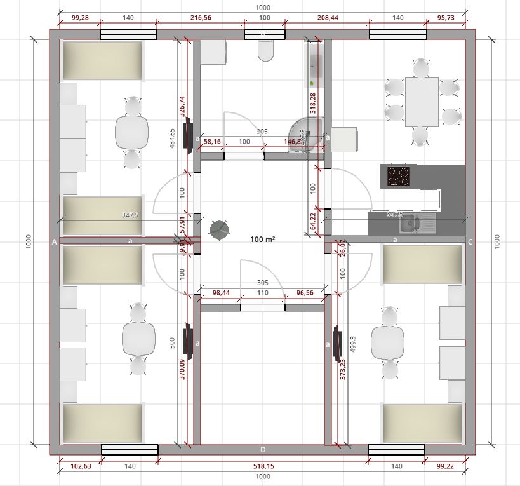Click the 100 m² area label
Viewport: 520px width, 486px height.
coord(263,239)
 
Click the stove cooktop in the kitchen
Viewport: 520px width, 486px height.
coord(398,177)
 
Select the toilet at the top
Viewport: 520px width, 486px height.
coord(265,50)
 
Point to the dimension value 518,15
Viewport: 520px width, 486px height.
coord(262,466)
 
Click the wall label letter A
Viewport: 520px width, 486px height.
coord(55,241)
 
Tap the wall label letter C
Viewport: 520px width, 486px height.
coord(470,241)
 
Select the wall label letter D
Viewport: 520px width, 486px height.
coord(263,450)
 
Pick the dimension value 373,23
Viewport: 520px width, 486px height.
coord(343,369)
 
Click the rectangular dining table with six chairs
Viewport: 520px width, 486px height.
coord(422,101)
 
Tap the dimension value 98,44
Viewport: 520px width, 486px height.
coord(220,292)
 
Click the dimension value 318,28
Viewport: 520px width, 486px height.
coord(312,104)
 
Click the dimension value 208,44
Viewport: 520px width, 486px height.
coord(327,18)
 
